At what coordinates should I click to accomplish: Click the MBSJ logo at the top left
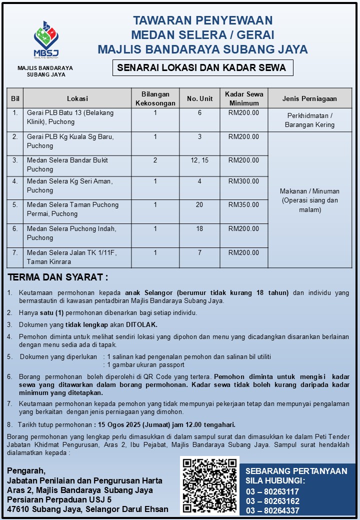pyautogui.click(x=45, y=40)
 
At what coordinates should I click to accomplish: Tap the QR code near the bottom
pyautogui.click(x=209, y=485)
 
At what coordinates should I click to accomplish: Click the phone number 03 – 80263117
pyautogui.click(x=272, y=491)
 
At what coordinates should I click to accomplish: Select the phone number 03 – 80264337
pyautogui.click(x=272, y=510)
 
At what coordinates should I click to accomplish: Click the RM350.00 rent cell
pyautogui.click(x=243, y=204)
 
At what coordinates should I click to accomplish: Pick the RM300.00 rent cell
pyautogui.click(x=243, y=181)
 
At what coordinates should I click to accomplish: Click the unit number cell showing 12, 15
pyautogui.click(x=199, y=160)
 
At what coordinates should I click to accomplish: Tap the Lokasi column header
pyautogui.click(x=77, y=98)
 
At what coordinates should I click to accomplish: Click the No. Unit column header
pyautogui.click(x=199, y=98)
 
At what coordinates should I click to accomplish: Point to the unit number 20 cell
pyautogui.click(x=199, y=204)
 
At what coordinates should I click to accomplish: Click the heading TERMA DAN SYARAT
pyautogui.click(x=57, y=277)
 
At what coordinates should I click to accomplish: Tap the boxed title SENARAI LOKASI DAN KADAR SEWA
pyautogui.click(x=202, y=68)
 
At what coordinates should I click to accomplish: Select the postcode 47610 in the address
pyautogui.click(x=19, y=509)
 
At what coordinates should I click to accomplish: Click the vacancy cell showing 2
pyautogui.click(x=155, y=160)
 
